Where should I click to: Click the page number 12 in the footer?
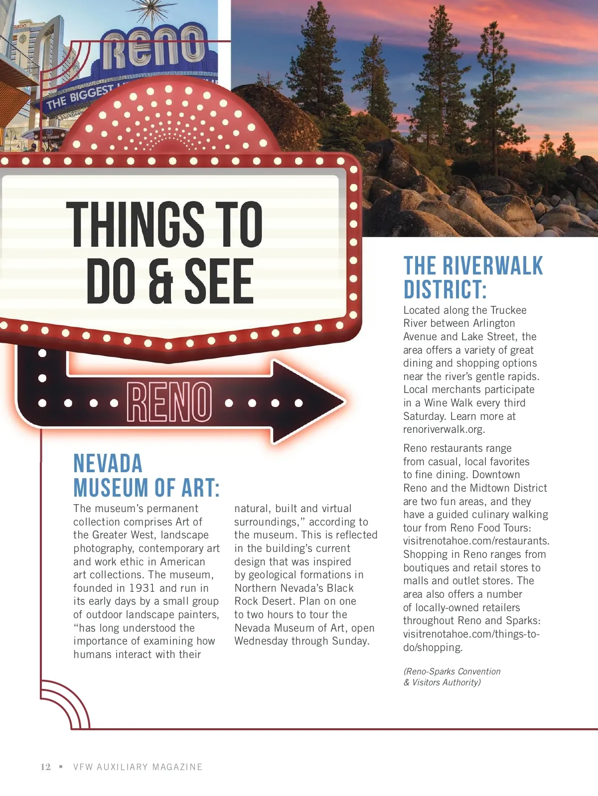(45, 767)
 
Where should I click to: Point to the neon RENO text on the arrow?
(169, 401)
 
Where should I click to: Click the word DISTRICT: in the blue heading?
(445, 290)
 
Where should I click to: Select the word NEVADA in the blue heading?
(108, 463)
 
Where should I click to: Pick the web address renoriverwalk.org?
(444, 429)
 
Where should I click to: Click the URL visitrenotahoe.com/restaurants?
(476, 541)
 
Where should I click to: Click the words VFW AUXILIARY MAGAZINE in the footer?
(138, 767)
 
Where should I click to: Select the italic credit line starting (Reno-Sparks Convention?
(451, 671)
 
